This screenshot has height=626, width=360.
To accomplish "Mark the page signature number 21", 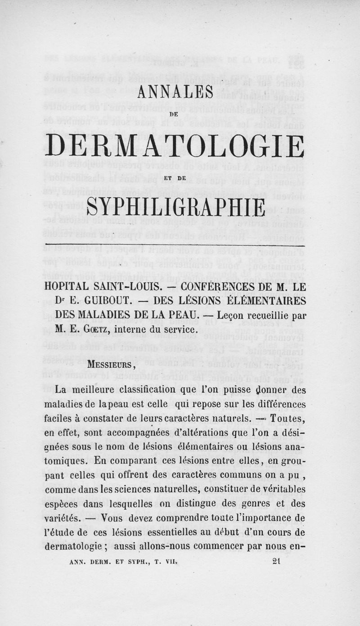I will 277,561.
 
